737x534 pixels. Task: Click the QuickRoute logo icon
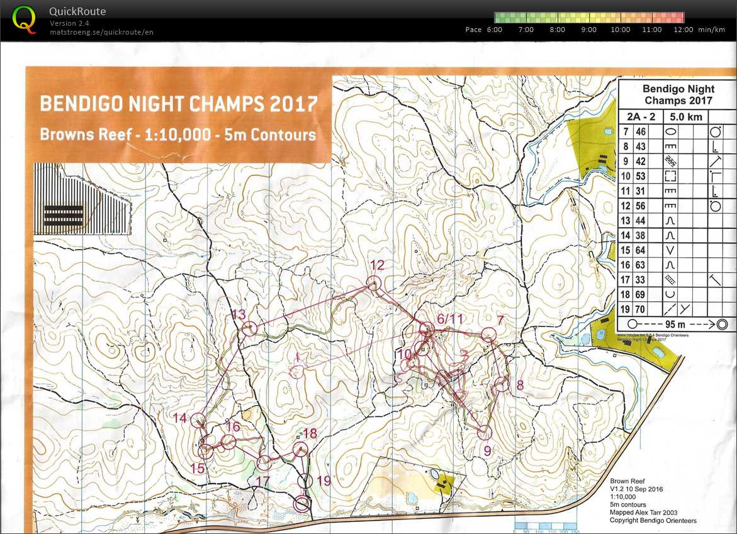tap(24, 18)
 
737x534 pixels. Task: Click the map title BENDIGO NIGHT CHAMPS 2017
tap(178, 104)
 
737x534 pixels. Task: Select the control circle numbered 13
tap(250, 328)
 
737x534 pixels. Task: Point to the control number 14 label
tap(180, 418)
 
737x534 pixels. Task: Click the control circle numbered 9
tap(484, 432)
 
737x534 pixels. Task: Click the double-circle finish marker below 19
tap(303, 503)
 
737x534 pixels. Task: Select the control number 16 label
tap(232, 427)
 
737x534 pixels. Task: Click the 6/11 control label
tap(449, 319)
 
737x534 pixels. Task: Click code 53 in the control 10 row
tap(641, 175)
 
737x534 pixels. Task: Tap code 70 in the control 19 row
tap(641, 309)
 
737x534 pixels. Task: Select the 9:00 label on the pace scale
tap(589, 30)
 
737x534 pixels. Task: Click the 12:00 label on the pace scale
tap(684, 30)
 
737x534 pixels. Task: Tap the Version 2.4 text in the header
tap(70, 23)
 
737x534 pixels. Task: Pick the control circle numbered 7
tap(488, 336)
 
